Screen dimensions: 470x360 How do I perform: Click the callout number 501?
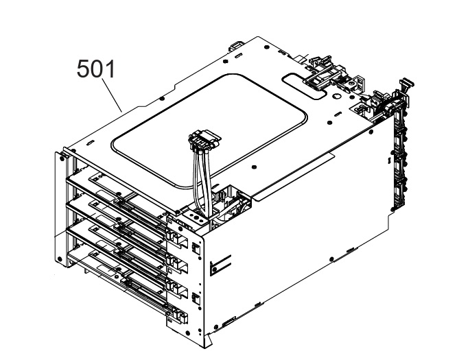pyautogui.click(x=96, y=69)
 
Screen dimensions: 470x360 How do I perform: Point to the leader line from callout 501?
pyautogui.click(x=113, y=95)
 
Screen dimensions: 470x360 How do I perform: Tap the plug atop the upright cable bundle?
pyautogui.click(x=204, y=139)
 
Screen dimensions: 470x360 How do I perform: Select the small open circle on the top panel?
pyautogui.click(x=336, y=96)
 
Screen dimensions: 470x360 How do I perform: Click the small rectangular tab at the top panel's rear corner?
pyautogui.click(x=235, y=47)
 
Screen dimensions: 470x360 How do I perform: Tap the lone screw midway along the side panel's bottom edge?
pyautogui.click(x=331, y=259)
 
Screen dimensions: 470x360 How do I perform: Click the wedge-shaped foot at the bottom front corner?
pyautogui.click(x=209, y=341)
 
